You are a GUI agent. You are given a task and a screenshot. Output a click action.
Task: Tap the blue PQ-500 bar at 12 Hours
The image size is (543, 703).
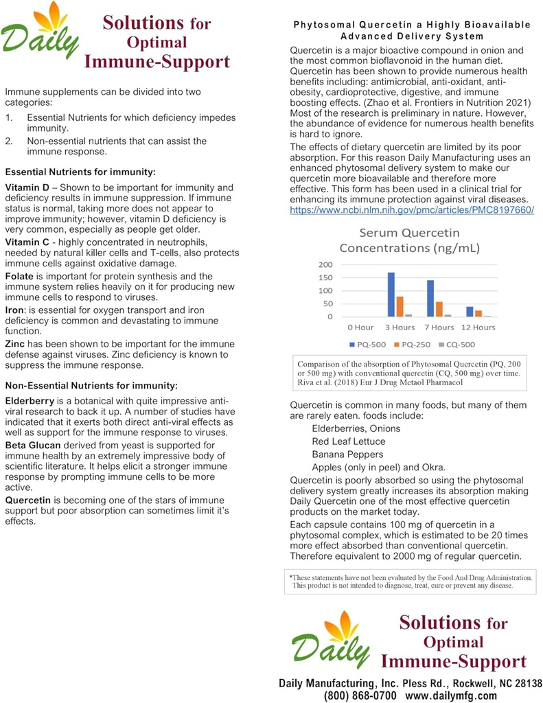[470, 311]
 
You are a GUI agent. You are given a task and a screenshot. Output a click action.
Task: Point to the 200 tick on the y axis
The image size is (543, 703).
[325, 264]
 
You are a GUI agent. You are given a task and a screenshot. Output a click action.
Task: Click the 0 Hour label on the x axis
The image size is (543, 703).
[360, 327]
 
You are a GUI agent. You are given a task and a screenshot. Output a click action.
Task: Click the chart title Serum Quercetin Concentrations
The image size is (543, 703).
[410, 240]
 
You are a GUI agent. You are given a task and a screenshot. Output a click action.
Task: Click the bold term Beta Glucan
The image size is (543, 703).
[35, 446]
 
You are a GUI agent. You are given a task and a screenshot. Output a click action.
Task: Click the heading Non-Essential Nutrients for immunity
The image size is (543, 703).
[91, 384]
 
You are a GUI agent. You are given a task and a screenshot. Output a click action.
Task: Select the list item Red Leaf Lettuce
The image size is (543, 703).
[348, 441]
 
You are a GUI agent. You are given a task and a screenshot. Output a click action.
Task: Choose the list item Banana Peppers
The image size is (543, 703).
[347, 454]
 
